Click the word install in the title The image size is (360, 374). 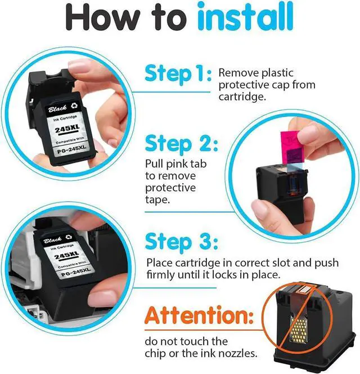(245, 16)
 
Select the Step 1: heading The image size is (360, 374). (178, 74)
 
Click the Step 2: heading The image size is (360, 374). (182, 144)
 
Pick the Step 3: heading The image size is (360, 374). (182, 241)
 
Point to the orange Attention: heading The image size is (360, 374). (199, 315)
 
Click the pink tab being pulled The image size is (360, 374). (290, 147)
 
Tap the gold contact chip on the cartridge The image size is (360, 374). (298, 331)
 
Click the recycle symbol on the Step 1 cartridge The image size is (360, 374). (74, 105)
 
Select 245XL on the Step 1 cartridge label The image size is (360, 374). (67, 129)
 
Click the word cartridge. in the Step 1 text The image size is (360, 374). (242, 97)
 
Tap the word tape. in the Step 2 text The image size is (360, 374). (157, 200)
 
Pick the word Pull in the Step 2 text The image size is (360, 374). (154, 164)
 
